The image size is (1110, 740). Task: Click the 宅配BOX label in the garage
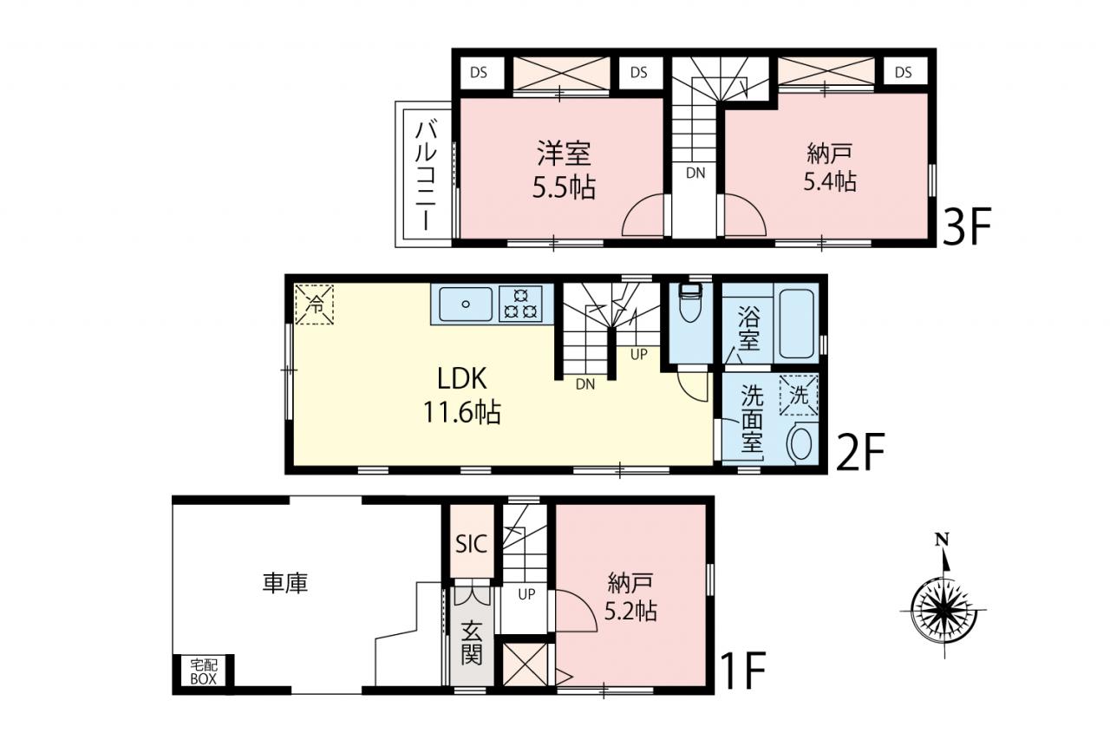(204, 671)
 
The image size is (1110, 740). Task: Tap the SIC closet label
(471, 544)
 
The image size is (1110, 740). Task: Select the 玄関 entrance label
(471, 642)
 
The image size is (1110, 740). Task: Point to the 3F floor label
(967, 227)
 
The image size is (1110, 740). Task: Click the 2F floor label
(861, 452)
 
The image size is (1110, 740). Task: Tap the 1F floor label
(743, 671)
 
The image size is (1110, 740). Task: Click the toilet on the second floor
(690, 303)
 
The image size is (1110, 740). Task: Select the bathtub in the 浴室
(797, 324)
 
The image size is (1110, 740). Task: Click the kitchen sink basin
(466, 304)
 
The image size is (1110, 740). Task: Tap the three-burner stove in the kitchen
(520, 304)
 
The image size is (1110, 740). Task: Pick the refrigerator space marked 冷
(314, 305)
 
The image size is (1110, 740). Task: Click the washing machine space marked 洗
(799, 395)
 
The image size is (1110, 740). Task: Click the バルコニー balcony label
(426, 176)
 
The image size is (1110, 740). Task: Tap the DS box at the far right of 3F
(904, 72)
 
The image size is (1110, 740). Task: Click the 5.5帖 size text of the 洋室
(564, 187)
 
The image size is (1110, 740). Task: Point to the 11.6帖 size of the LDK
(462, 412)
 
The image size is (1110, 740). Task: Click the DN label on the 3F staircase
(695, 173)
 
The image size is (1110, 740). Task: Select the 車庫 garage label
(285, 583)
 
